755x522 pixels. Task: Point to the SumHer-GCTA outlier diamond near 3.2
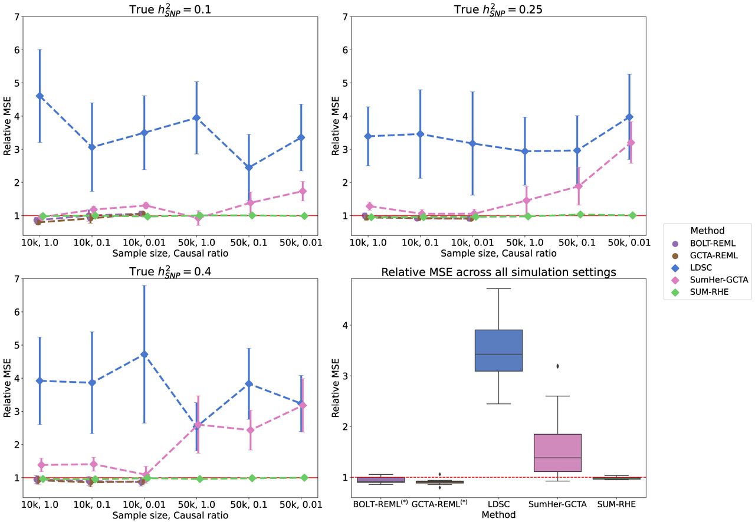pos(557,366)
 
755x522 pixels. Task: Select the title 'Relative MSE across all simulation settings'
pos(498,272)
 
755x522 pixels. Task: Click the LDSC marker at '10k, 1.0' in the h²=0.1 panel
pos(40,96)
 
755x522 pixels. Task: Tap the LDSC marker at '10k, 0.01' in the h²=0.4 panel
pos(144,354)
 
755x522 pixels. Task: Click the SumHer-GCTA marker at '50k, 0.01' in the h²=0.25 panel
pos(631,142)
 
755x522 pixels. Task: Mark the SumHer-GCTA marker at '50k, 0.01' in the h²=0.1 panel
pos(303,191)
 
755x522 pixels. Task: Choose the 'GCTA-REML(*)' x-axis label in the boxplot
pos(439,504)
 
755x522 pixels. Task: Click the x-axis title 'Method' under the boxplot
pos(498,515)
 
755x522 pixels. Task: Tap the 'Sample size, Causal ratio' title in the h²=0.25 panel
pos(498,253)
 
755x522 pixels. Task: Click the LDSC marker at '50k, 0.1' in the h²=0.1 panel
pos(250,168)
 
